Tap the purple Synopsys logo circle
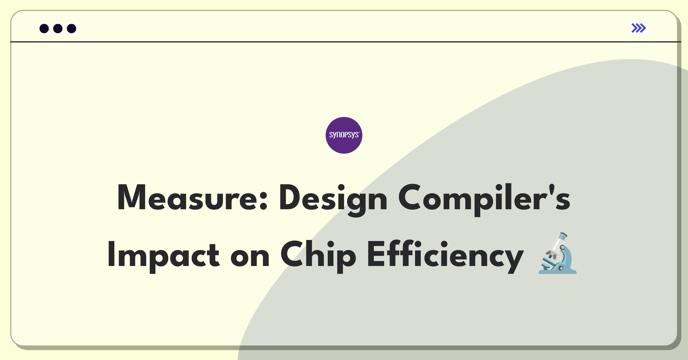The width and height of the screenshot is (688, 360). pyautogui.click(x=344, y=135)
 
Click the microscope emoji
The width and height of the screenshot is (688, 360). pyautogui.click(x=557, y=253)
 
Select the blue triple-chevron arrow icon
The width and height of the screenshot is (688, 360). pyautogui.click(x=639, y=28)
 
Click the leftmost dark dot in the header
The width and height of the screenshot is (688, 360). pyautogui.click(x=44, y=29)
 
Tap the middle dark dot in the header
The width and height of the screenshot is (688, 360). pyautogui.click(x=58, y=29)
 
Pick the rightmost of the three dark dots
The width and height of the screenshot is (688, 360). pyautogui.click(x=72, y=29)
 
